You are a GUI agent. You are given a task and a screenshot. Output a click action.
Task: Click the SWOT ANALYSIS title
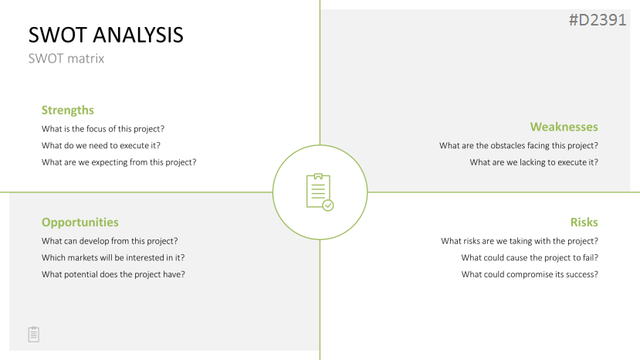[x=106, y=35]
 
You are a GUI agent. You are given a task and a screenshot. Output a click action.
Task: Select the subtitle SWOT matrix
[x=66, y=59]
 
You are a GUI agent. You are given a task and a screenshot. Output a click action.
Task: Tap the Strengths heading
[x=68, y=110]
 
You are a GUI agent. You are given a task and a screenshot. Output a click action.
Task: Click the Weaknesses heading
[x=564, y=127]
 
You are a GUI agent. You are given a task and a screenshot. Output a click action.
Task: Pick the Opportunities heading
[x=80, y=222]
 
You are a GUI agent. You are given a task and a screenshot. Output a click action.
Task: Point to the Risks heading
[x=584, y=222]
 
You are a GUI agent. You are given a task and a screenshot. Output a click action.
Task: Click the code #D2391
[x=598, y=20]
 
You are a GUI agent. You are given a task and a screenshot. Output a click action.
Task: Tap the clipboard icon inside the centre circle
[x=320, y=192]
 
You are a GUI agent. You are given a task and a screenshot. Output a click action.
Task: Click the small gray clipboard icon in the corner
[x=34, y=335]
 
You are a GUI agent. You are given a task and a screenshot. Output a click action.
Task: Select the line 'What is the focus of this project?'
[x=103, y=129]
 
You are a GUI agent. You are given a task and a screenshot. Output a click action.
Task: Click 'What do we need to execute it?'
[x=101, y=145]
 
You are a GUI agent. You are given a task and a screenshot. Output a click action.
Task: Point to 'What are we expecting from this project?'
[x=119, y=162]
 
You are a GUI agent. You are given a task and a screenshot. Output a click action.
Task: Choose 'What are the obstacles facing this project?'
[x=519, y=145]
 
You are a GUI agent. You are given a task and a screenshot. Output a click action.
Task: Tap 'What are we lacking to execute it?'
[x=534, y=162]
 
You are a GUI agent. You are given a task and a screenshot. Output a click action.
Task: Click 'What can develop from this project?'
[x=110, y=241]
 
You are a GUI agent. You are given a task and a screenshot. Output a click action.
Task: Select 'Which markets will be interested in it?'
[x=113, y=258]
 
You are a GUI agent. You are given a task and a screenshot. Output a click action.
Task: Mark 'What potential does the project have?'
[x=113, y=274]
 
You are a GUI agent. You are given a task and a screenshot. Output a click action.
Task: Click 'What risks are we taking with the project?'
[x=520, y=241]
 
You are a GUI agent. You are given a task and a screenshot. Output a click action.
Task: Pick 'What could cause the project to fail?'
[x=530, y=258]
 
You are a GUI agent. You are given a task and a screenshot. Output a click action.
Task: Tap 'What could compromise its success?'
[x=530, y=274]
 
